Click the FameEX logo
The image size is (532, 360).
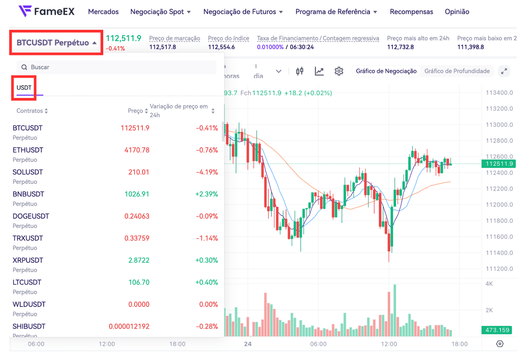(47, 12)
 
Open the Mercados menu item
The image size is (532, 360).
(103, 12)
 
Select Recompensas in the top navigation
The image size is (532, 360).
(411, 12)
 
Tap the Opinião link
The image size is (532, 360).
(457, 12)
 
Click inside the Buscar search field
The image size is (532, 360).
(116, 67)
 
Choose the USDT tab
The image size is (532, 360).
(24, 88)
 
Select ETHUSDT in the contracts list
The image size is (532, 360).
(28, 150)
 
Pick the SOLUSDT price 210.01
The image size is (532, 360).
(139, 172)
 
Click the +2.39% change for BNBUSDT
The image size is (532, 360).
(206, 194)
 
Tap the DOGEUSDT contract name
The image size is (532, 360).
(31, 216)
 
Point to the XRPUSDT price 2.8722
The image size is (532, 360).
(139, 260)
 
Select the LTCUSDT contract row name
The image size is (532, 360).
(27, 282)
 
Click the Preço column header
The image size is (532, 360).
(136, 111)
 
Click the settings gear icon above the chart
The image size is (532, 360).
(339, 71)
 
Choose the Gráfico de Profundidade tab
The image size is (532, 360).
(457, 71)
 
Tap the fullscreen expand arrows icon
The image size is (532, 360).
(504, 71)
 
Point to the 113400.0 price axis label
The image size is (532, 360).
(499, 93)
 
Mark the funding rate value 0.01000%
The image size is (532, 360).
(270, 47)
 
